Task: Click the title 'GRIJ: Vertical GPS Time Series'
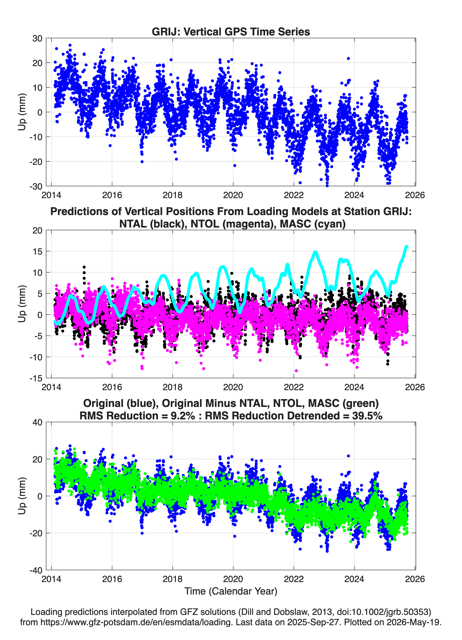point(231,32)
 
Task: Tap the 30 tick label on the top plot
point(37,38)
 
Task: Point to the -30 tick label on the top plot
point(36,186)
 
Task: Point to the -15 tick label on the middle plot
point(36,378)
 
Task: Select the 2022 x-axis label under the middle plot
point(294,387)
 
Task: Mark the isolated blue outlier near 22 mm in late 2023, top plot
point(348,58)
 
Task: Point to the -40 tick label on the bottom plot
point(36,570)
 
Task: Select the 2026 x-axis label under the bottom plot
point(415,579)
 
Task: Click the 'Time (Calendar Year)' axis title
point(231,591)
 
